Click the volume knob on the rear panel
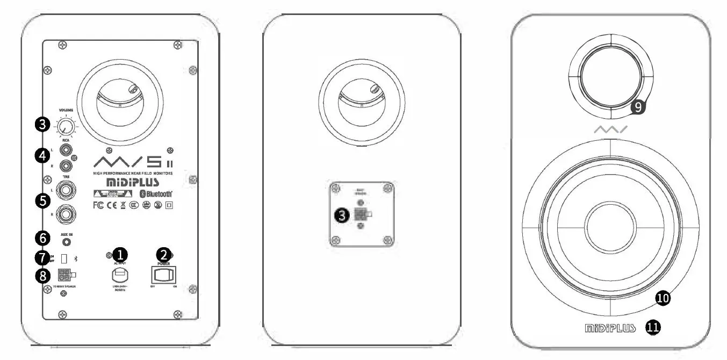point(66,127)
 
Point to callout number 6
point(41,237)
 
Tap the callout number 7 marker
point(41,257)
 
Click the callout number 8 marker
point(41,276)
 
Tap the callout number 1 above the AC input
point(119,253)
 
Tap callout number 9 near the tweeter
point(637,107)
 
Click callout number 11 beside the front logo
point(654,327)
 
